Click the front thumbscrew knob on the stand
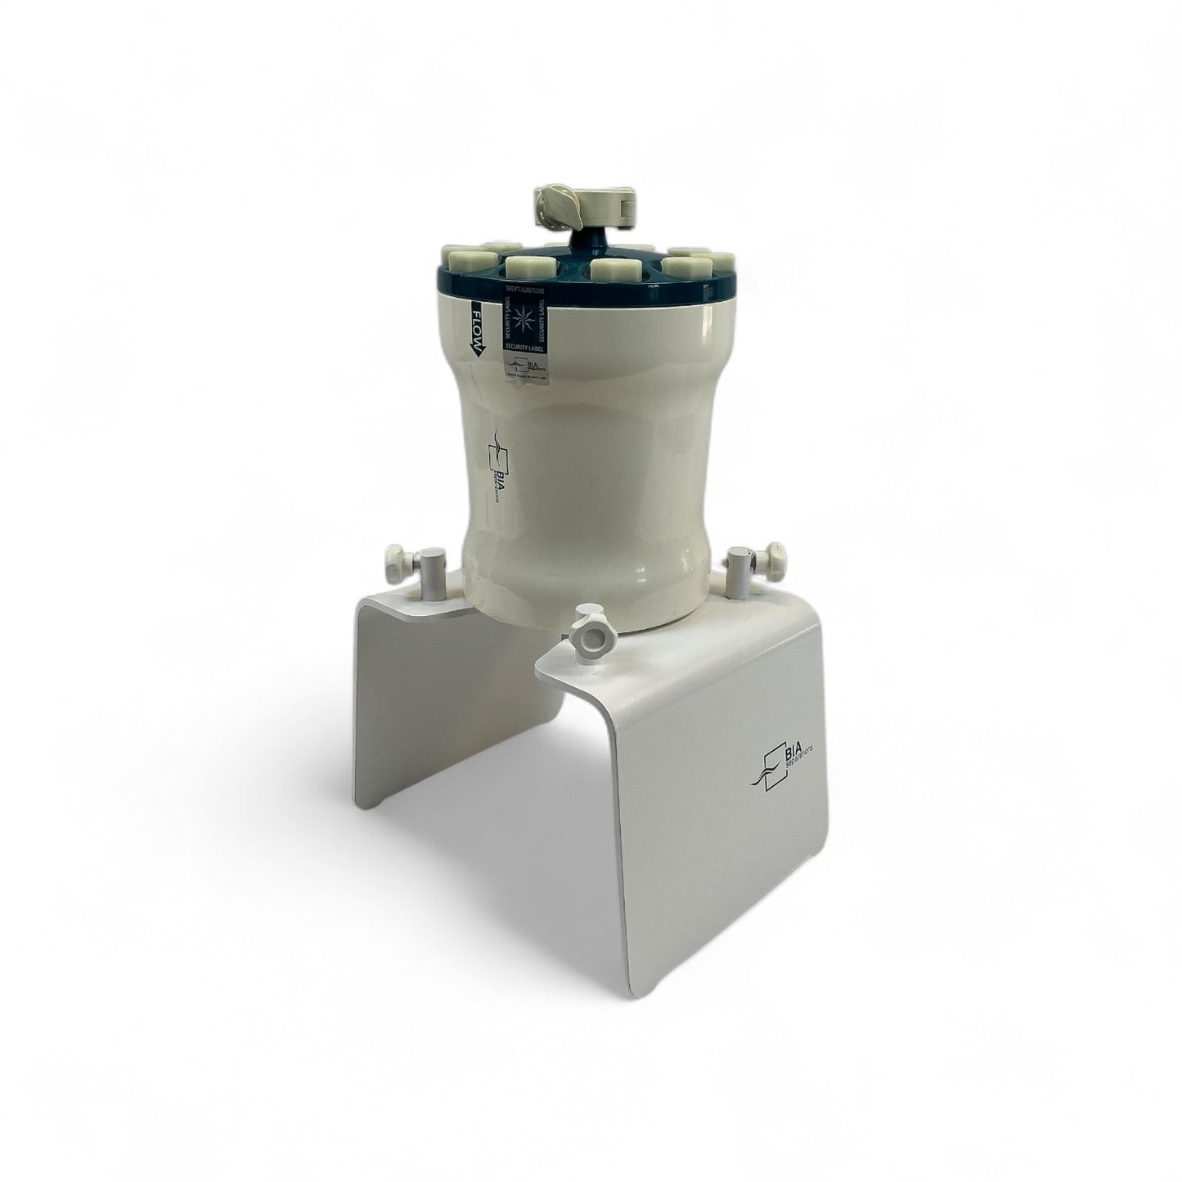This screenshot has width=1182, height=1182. pos(587,629)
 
